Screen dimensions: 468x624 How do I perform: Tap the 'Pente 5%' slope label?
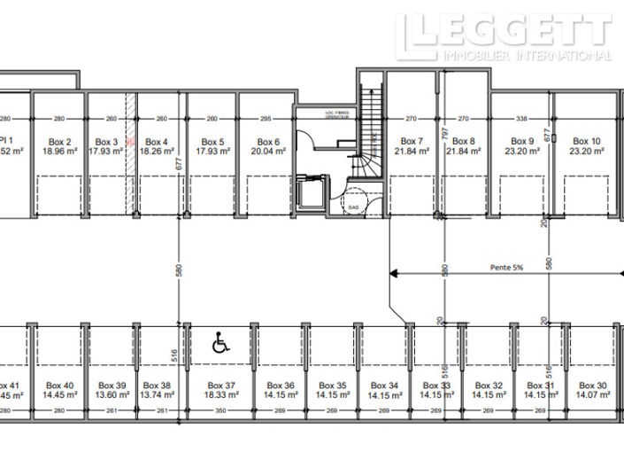coord(507,266)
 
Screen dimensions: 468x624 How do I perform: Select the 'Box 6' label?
coord(268,142)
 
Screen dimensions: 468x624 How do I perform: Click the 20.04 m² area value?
coord(268,152)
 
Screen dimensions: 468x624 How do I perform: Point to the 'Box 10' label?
coord(586,141)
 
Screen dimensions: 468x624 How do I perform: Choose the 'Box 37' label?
coord(221,386)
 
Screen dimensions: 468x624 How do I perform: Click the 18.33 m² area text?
coord(221,395)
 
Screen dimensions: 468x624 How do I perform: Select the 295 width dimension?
coord(265,118)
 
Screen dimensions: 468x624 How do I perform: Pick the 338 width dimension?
coord(520,118)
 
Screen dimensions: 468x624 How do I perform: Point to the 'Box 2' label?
coord(60,142)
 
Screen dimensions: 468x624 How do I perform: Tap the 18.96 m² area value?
coord(60,152)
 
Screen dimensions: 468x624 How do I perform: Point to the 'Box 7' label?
coord(412,141)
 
